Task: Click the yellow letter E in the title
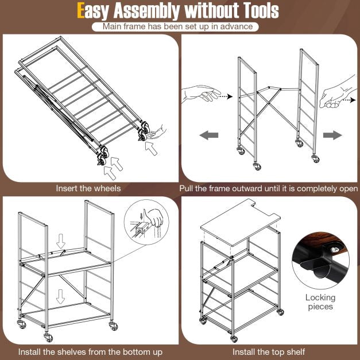point(80,10)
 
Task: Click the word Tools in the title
point(261,10)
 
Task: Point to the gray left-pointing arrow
point(208,135)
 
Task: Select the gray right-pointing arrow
point(332,135)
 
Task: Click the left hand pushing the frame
point(201,94)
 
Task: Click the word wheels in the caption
point(107,188)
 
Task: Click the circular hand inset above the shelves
point(146,222)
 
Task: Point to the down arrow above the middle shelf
point(61,241)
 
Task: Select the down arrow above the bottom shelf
point(60,296)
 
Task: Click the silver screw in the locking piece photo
point(334,250)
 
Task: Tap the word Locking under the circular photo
point(320,298)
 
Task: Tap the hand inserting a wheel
point(157,133)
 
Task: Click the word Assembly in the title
point(147,11)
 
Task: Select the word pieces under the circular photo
point(320,307)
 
